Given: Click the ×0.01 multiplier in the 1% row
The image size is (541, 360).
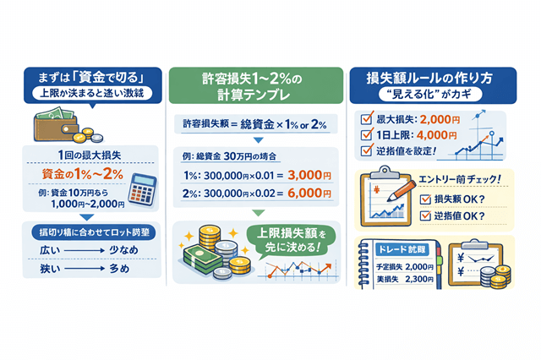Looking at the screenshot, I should (265, 176).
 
